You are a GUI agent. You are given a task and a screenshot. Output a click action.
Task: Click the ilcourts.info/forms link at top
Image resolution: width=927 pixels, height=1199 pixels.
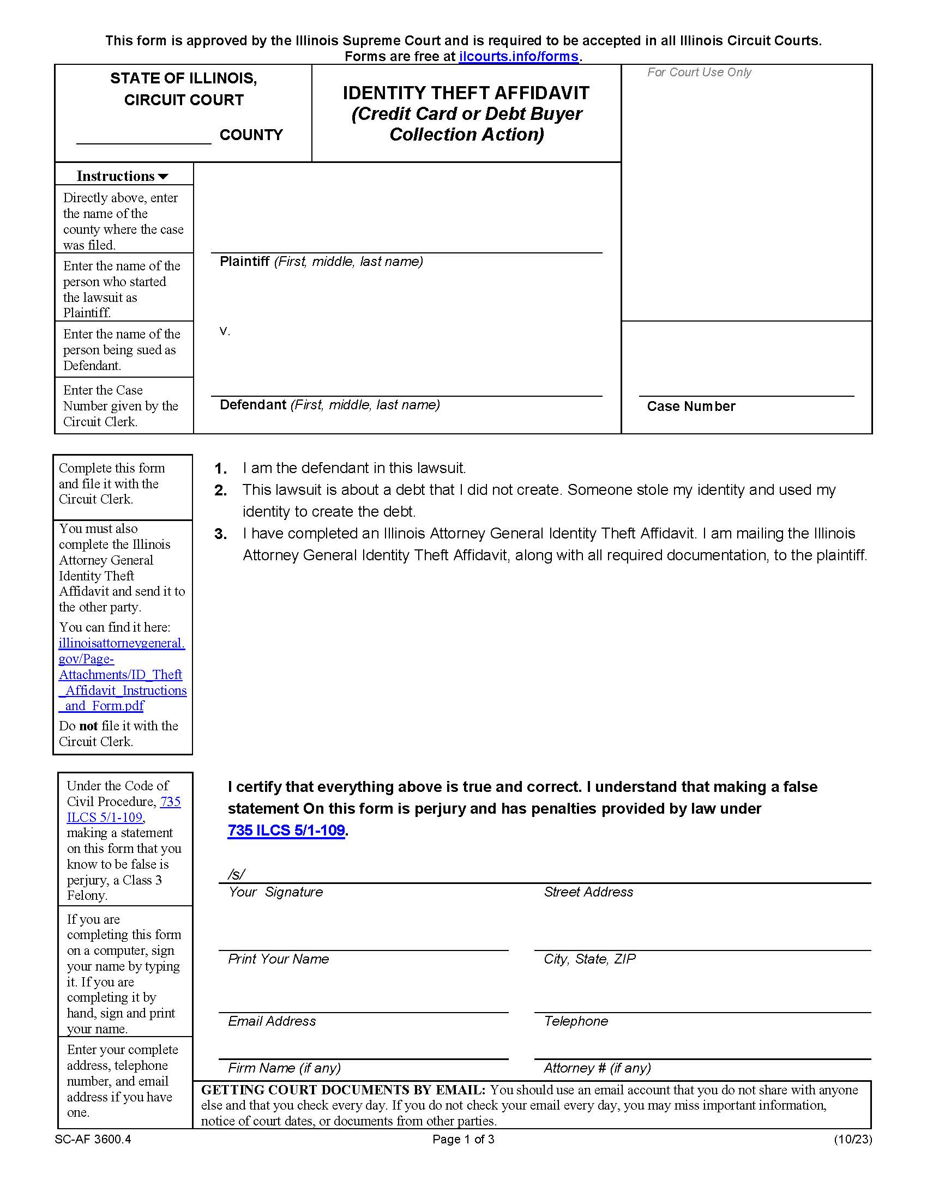(x=519, y=57)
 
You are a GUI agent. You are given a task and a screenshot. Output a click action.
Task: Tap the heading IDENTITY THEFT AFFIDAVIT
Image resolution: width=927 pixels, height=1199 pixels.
(x=466, y=93)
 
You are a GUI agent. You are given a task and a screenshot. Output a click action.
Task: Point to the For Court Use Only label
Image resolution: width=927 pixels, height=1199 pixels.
(x=699, y=72)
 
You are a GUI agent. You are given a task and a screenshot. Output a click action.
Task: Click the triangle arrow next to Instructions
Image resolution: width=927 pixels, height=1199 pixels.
(x=163, y=177)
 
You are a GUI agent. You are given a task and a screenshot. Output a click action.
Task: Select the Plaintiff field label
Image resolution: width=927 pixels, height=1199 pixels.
(x=244, y=261)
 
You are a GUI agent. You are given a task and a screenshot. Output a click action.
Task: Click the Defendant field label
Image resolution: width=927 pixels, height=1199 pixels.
(x=252, y=404)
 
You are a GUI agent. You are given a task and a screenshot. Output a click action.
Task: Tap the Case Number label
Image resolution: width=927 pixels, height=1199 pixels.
(x=691, y=406)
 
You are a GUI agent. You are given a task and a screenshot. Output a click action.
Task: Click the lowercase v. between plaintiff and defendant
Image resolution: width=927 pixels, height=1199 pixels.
(x=225, y=331)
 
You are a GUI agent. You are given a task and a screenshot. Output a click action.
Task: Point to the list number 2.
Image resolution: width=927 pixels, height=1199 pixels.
(x=221, y=491)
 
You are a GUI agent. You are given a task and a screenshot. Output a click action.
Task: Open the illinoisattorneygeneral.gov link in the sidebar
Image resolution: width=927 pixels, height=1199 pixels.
(x=122, y=674)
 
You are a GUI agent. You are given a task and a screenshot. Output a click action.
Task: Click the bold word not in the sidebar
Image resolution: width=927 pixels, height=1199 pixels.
(x=88, y=726)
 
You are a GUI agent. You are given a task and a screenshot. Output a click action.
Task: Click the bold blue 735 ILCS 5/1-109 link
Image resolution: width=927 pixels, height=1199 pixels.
(x=286, y=830)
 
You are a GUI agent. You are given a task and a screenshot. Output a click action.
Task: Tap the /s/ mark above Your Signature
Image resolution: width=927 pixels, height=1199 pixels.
(x=236, y=874)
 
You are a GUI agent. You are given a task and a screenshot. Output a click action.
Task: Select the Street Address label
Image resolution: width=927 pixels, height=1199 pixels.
(x=588, y=892)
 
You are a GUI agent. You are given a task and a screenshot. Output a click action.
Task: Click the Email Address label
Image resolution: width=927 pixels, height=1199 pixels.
(x=272, y=1021)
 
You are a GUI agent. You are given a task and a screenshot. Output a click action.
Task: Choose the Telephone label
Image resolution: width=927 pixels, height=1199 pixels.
(x=575, y=1021)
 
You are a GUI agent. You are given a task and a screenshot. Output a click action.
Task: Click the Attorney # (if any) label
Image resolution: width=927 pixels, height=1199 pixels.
(x=597, y=1068)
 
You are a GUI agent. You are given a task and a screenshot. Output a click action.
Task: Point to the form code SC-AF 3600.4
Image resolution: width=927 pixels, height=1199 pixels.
(x=93, y=1139)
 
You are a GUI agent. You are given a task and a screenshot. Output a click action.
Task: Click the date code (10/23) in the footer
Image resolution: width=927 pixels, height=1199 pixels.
(x=852, y=1139)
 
